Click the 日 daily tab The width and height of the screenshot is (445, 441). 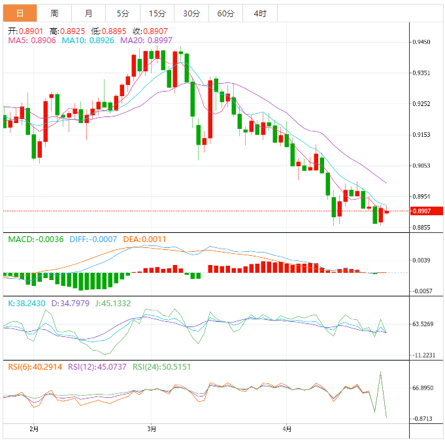click(20, 13)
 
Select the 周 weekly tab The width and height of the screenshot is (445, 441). click(54, 13)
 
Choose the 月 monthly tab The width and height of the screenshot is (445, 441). click(88, 13)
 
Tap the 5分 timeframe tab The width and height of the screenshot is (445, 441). click(123, 13)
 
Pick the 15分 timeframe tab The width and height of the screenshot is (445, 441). click(157, 13)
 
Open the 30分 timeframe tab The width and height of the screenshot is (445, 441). click(191, 13)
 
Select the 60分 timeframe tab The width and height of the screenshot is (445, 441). click(225, 13)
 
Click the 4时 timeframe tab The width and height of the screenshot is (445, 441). click(259, 13)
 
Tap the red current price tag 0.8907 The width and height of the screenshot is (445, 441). click(425, 211)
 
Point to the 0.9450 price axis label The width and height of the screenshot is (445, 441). click(421, 42)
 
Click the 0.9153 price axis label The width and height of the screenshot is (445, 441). click(421, 135)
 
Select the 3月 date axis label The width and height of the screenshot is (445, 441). click(152, 429)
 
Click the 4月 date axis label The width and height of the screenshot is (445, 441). click(287, 429)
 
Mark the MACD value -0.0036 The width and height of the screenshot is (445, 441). click(50, 239)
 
